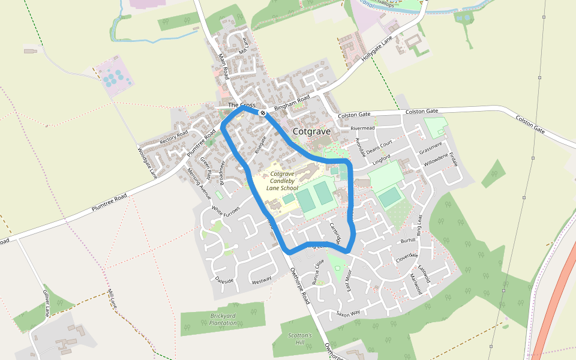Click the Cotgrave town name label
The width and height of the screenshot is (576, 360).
tap(311, 131)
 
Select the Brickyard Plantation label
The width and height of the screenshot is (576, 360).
tap(223, 319)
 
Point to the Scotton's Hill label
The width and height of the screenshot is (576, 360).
tap(300, 338)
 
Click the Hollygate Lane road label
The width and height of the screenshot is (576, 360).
tap(376, 50)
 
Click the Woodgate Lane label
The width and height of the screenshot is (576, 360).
tap(146, 163)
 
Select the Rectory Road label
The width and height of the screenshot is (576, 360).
tap(174, 136)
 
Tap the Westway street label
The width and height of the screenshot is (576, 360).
tap(262, 280)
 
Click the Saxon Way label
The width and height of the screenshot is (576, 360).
tap(347, 313)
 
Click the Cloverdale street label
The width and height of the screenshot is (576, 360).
tap(406, 256)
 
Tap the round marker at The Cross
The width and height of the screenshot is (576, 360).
tap(262, 112)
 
